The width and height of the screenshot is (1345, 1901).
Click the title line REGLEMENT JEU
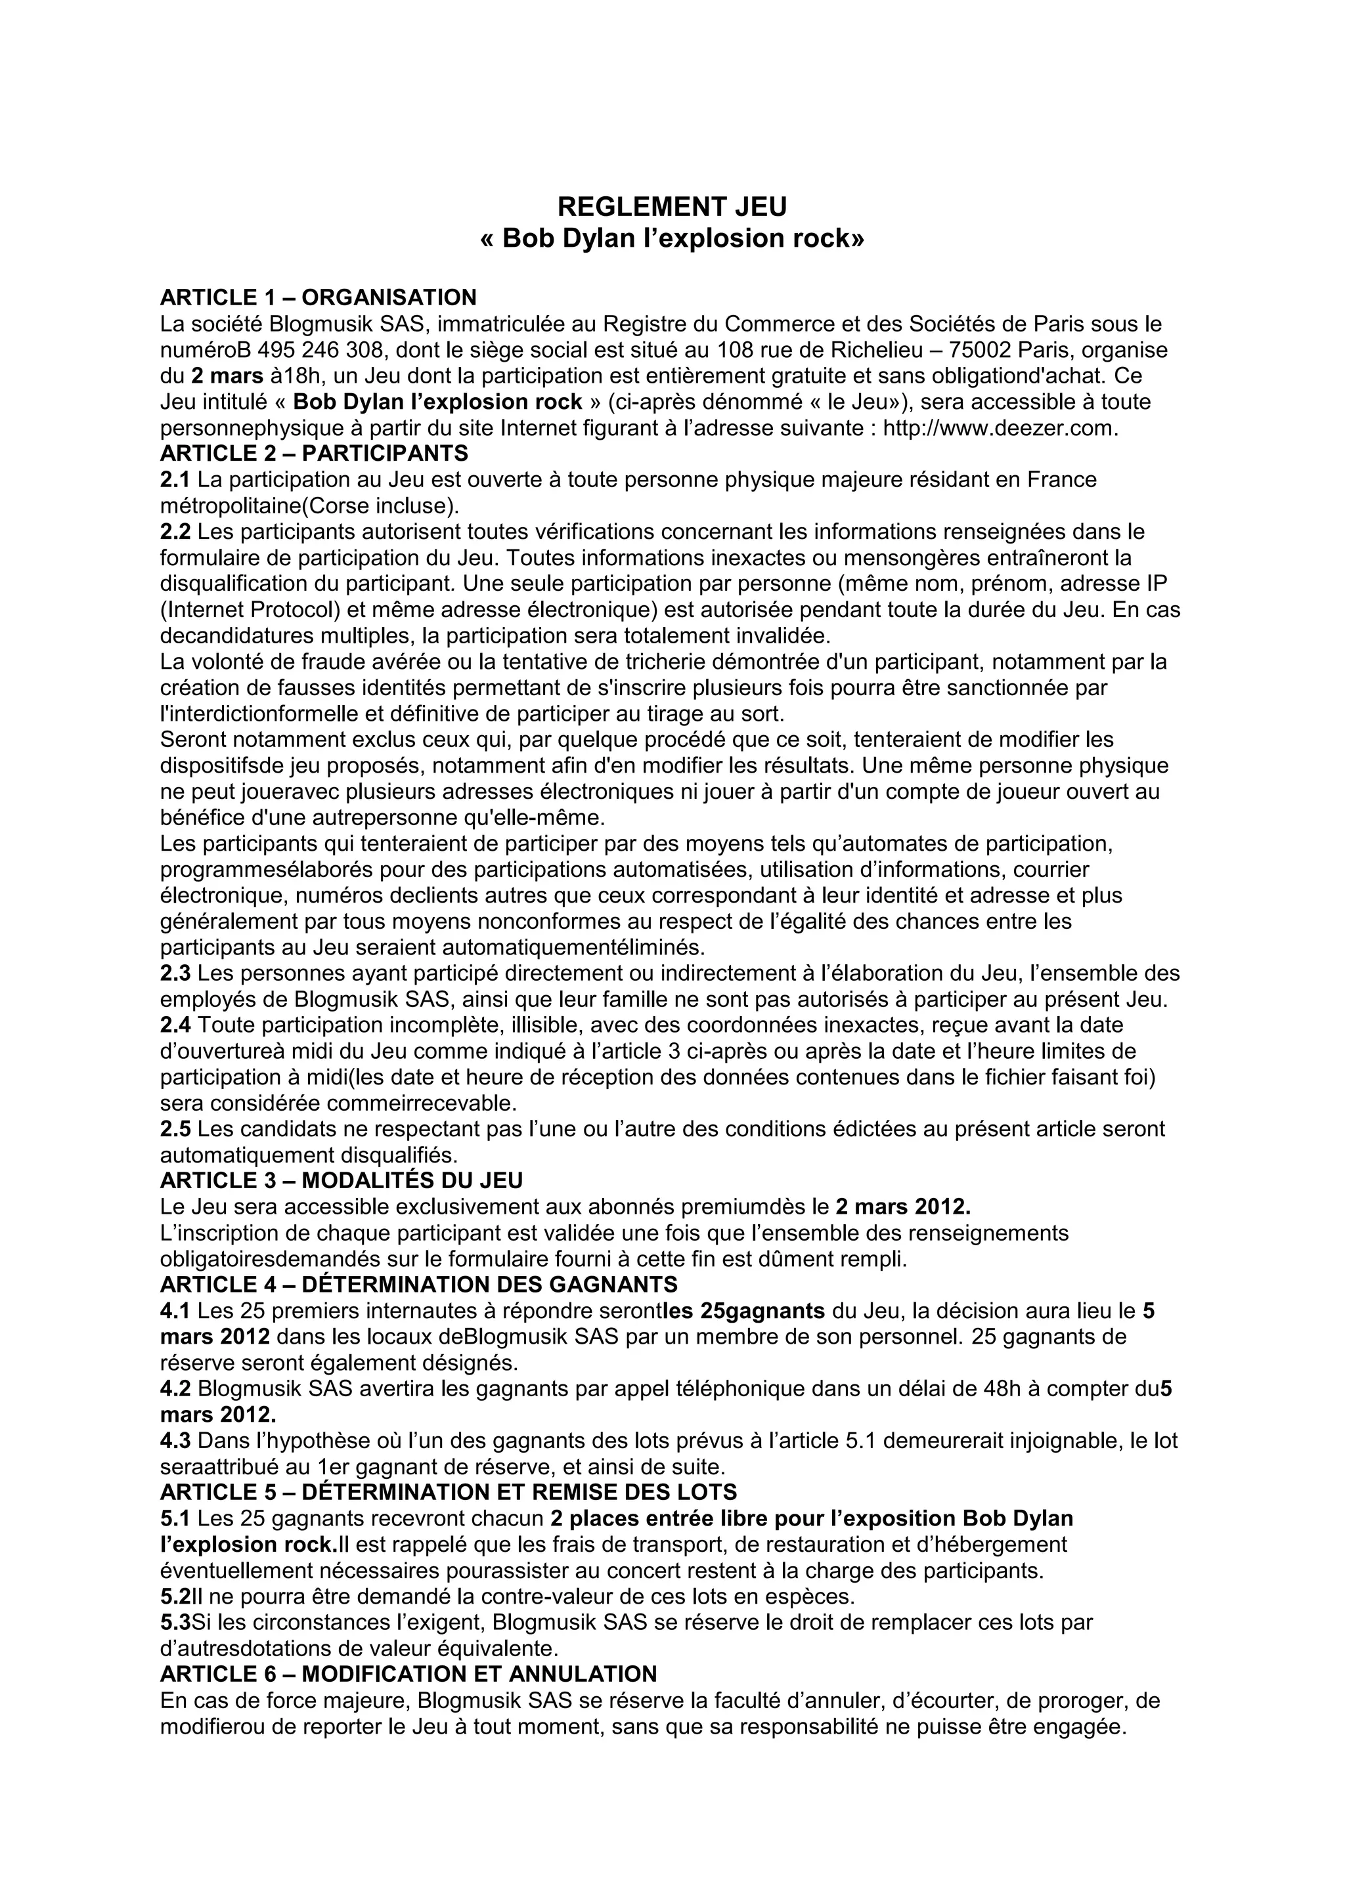coord(672,205)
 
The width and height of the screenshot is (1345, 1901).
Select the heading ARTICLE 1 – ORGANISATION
coord(318,297)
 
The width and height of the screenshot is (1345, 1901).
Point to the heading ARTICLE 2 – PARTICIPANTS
coord(314,454)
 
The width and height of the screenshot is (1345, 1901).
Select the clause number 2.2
coord(175,532)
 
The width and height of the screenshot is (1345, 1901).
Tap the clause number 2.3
coord(175,973)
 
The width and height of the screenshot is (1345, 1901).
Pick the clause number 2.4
coord(175,1025)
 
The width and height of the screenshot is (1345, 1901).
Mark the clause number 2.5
coord(175,1129)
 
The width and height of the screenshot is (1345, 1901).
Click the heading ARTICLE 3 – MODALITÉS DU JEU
coord(342,1181)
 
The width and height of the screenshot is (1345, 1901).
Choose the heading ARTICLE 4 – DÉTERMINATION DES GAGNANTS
coord(418,1285)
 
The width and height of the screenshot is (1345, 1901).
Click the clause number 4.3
coord(175,1442)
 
